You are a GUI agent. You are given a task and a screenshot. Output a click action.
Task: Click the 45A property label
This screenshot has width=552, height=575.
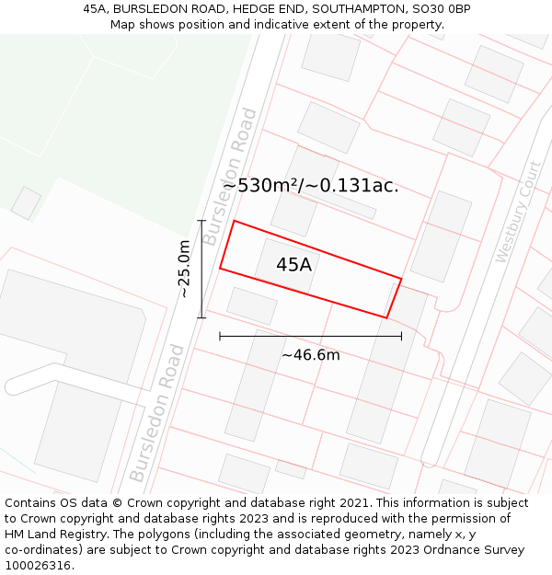coord(293,265)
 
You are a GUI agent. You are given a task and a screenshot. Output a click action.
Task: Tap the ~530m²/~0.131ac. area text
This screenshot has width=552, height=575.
coord(310,185)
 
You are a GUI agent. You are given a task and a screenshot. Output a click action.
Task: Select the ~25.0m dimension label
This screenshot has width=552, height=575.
coord(185,269)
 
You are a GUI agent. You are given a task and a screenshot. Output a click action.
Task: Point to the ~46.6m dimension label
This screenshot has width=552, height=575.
coord(311,355)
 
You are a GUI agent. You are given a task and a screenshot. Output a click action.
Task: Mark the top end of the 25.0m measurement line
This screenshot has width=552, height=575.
coord(201,221)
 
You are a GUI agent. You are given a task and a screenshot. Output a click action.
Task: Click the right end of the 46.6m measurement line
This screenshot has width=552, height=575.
coord(401,336)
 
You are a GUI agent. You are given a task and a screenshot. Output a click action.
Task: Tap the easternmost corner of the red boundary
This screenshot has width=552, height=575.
coord(402,278)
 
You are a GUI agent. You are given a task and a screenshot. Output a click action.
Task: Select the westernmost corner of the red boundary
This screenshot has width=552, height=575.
coord(220,269)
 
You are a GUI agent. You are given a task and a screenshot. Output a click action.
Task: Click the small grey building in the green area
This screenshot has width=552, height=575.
coord(26,203)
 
